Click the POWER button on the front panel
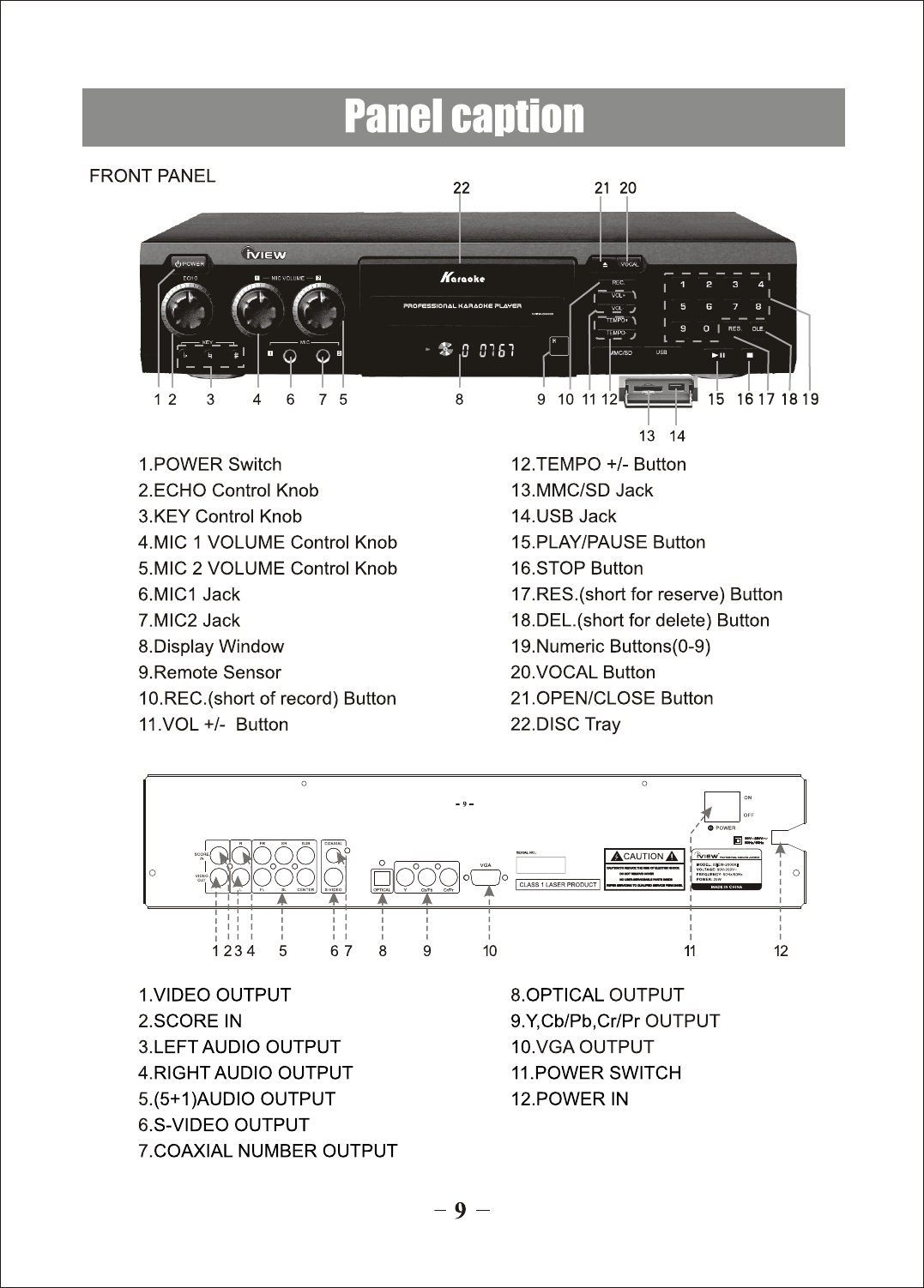[x=189, y=263]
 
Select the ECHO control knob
[x=187, y=309]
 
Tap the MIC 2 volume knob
[x=317, y=309]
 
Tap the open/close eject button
[x=602, y=263]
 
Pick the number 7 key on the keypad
[x=734, y=306]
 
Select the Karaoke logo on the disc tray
[x=462, y=277]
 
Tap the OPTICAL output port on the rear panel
[x=382, y=877]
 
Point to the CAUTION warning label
[x=644, y=856]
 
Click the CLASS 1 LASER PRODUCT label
[x=558, y=884]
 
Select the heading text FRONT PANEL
[x=153, y=177]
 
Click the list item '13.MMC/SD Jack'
[x=582, y=491]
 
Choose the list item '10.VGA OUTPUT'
[x=582, y=1047]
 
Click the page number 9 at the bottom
[x=461, y=1211]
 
